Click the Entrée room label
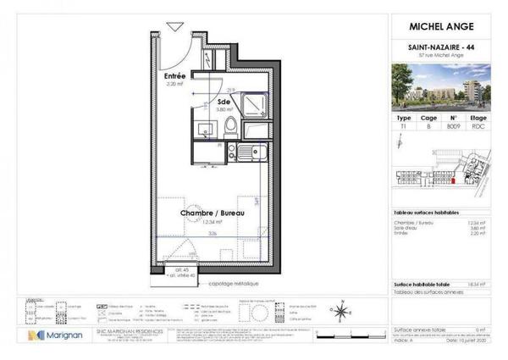click(x=175, y=75)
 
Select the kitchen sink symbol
click(x=246, y=153)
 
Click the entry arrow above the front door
click(x=174, y=26)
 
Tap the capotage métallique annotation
click(x=235, y=284)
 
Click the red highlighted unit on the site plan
click(x=454, y=178)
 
